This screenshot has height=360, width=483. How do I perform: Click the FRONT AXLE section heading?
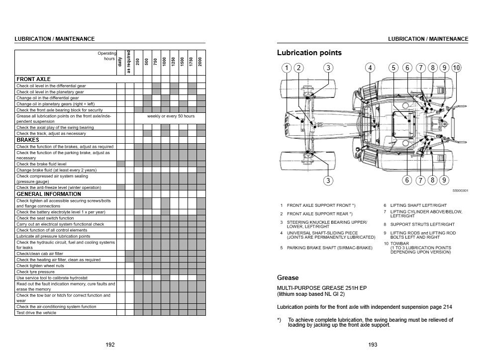coord(34,79)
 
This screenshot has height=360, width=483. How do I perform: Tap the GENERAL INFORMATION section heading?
coord(49,194)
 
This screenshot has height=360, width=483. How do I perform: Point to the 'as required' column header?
coord(129,62)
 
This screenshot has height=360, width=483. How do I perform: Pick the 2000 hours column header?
coord(200,63)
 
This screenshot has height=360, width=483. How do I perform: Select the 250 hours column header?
coord(138,63)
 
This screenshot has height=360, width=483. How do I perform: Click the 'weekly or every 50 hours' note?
coord(171,116)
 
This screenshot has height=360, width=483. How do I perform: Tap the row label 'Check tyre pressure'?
coord(35,271)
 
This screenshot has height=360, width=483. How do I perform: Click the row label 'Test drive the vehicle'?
coord(36,313)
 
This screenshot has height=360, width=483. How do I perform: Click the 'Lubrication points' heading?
coord(309,53)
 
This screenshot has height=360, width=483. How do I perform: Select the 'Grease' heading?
coord(288,277)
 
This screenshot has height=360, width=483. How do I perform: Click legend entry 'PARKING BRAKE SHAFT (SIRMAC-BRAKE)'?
coord(330,247)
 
